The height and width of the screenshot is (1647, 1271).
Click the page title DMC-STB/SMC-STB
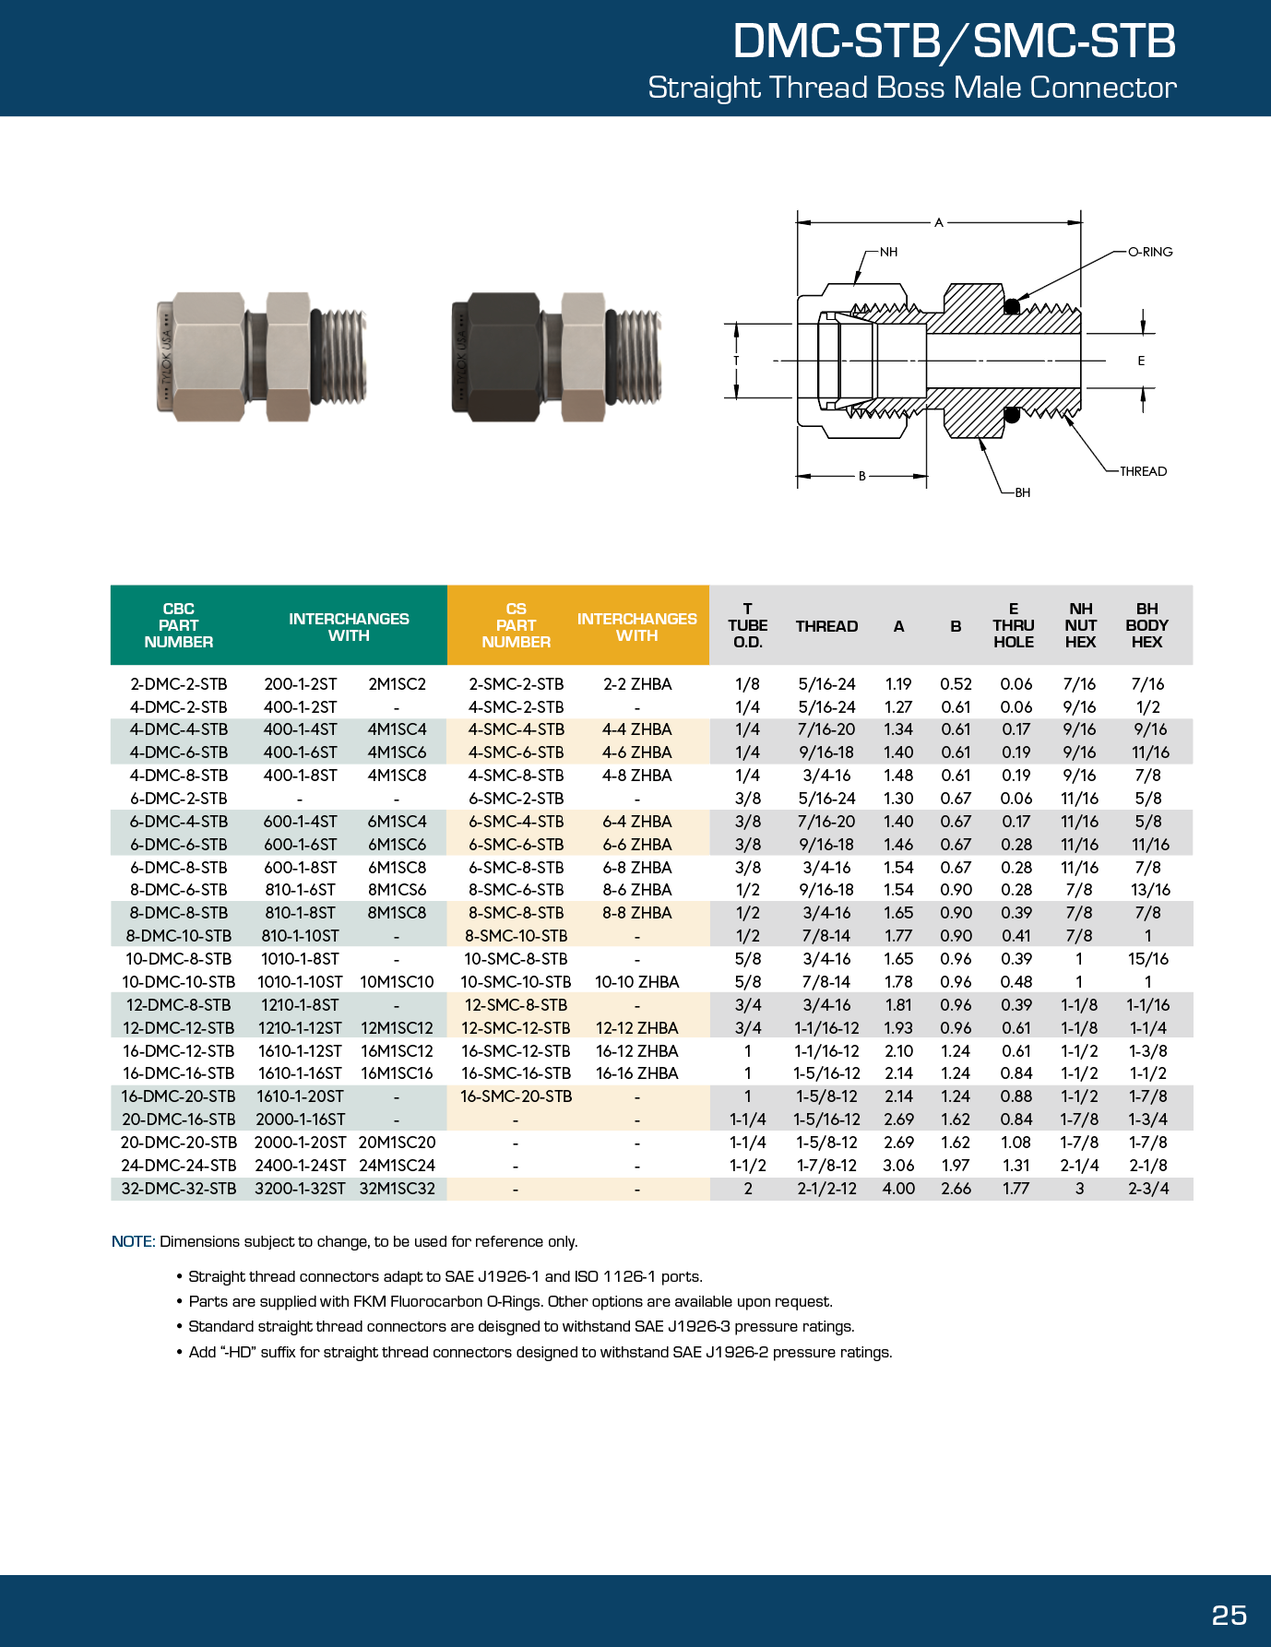954,41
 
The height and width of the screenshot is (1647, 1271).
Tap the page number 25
1229,1615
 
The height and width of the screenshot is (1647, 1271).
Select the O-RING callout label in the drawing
1150,252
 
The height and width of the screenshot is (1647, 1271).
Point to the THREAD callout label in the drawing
1143,471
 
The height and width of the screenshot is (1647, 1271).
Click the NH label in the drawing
888,252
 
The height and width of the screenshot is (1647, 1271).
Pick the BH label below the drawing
1022,492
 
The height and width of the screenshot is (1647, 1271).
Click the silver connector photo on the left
262,357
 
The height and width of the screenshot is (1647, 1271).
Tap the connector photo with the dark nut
556,357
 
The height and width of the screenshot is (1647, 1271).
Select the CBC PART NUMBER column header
179,625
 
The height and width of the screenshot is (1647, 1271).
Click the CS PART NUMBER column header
516,625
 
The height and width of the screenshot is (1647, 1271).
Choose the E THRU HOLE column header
1013,625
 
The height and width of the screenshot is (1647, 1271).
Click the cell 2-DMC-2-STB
179,684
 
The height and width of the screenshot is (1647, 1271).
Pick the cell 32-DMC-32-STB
179,1189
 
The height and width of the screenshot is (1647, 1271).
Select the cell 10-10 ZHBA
636,982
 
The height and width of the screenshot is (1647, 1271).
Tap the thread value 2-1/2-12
826,1189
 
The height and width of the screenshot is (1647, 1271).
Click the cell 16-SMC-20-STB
516,1096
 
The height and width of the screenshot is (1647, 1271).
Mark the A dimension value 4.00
898,1189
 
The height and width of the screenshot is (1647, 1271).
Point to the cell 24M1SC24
397,1166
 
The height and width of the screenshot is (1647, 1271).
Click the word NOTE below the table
132,1241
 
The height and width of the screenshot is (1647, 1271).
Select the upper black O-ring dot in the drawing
1012,306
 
